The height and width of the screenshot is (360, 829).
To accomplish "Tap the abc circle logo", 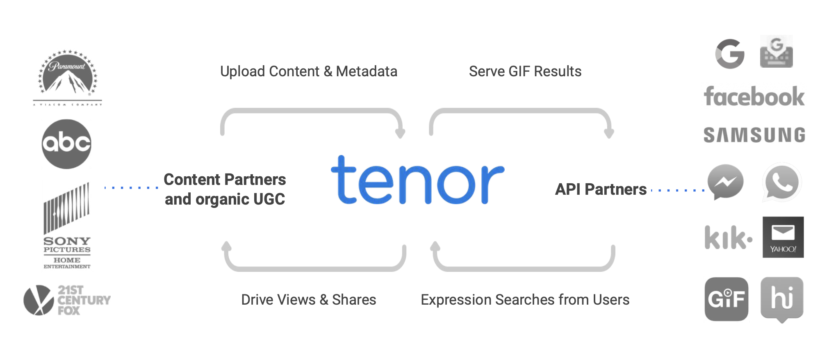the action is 66,144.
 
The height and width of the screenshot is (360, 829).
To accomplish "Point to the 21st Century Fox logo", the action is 67,300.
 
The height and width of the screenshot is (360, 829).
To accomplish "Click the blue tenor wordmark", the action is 417,180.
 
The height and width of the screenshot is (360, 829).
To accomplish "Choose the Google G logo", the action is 730,54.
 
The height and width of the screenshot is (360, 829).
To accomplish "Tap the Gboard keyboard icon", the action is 776,52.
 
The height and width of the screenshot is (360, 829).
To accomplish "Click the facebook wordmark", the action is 754,97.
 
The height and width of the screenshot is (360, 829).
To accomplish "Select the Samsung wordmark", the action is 754,135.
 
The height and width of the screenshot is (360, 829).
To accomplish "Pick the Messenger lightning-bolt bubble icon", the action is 725,182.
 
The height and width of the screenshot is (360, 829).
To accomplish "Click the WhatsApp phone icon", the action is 782,182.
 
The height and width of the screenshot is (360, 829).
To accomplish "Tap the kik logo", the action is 728,237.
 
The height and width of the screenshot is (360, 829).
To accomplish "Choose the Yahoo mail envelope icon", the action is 783,237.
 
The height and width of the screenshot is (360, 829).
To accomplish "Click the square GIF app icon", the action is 726,299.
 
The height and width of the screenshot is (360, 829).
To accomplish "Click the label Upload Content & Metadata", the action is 308,71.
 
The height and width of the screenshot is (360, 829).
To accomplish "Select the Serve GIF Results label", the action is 525,71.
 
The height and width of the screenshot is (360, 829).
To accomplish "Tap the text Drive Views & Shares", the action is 308,300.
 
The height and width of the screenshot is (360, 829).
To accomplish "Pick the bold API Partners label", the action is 601,189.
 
